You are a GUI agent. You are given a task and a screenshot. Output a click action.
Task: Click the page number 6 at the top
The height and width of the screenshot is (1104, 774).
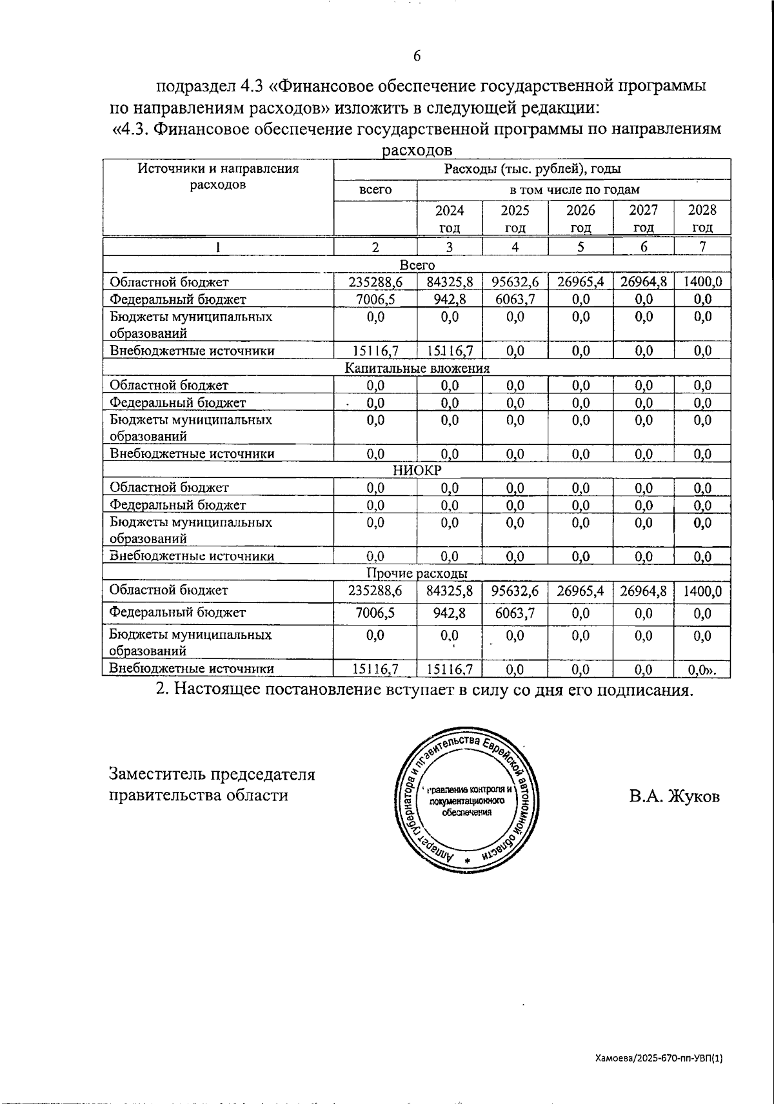pyautogui.click(x=417, y=56)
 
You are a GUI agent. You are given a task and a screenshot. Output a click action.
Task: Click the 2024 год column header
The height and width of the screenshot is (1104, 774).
pyautogui.click(x=450, y=219)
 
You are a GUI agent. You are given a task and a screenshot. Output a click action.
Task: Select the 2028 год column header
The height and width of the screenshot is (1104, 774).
pyautogui.click(x=702, y=219)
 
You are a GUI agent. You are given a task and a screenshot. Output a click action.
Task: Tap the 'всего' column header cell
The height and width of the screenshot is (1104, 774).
pyautogui.click(x=375, y=190)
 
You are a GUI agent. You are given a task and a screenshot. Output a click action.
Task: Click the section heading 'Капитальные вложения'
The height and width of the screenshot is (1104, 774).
pyautogui.click(x=417, y=368)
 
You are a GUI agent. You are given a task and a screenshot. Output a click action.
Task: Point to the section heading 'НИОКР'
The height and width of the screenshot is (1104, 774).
pyautogui.click(x=417, y=471)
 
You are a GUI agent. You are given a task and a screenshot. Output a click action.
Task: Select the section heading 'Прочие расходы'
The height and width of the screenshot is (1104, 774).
pyautogui.click(x=417, y=573)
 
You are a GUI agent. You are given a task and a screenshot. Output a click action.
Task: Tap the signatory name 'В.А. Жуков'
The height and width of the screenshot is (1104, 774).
pyautogui.click(x=675, y=796)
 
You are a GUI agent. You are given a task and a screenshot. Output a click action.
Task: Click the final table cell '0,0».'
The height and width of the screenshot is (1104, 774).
pyautogui.click(x=702, y=669)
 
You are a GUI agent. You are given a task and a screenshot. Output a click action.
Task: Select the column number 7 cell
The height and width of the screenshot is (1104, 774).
pyautogui.click(x=702, y=246)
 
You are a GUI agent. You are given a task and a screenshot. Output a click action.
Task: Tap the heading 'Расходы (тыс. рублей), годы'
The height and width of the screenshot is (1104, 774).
pyautogui.click(x=532, y=170)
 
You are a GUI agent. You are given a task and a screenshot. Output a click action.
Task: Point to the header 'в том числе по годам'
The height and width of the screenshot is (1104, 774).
pyautogui.click(x=574, y=190)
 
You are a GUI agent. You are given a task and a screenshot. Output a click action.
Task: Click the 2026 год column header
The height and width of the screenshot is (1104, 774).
pyautogui.click(x=580, y=219)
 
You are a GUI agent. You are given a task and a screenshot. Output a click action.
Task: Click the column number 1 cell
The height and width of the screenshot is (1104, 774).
pyautogui.click(x=218, y=246)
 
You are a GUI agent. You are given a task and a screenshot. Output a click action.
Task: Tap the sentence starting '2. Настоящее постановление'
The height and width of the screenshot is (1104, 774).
pyautogui.click(x=424, y=689)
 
